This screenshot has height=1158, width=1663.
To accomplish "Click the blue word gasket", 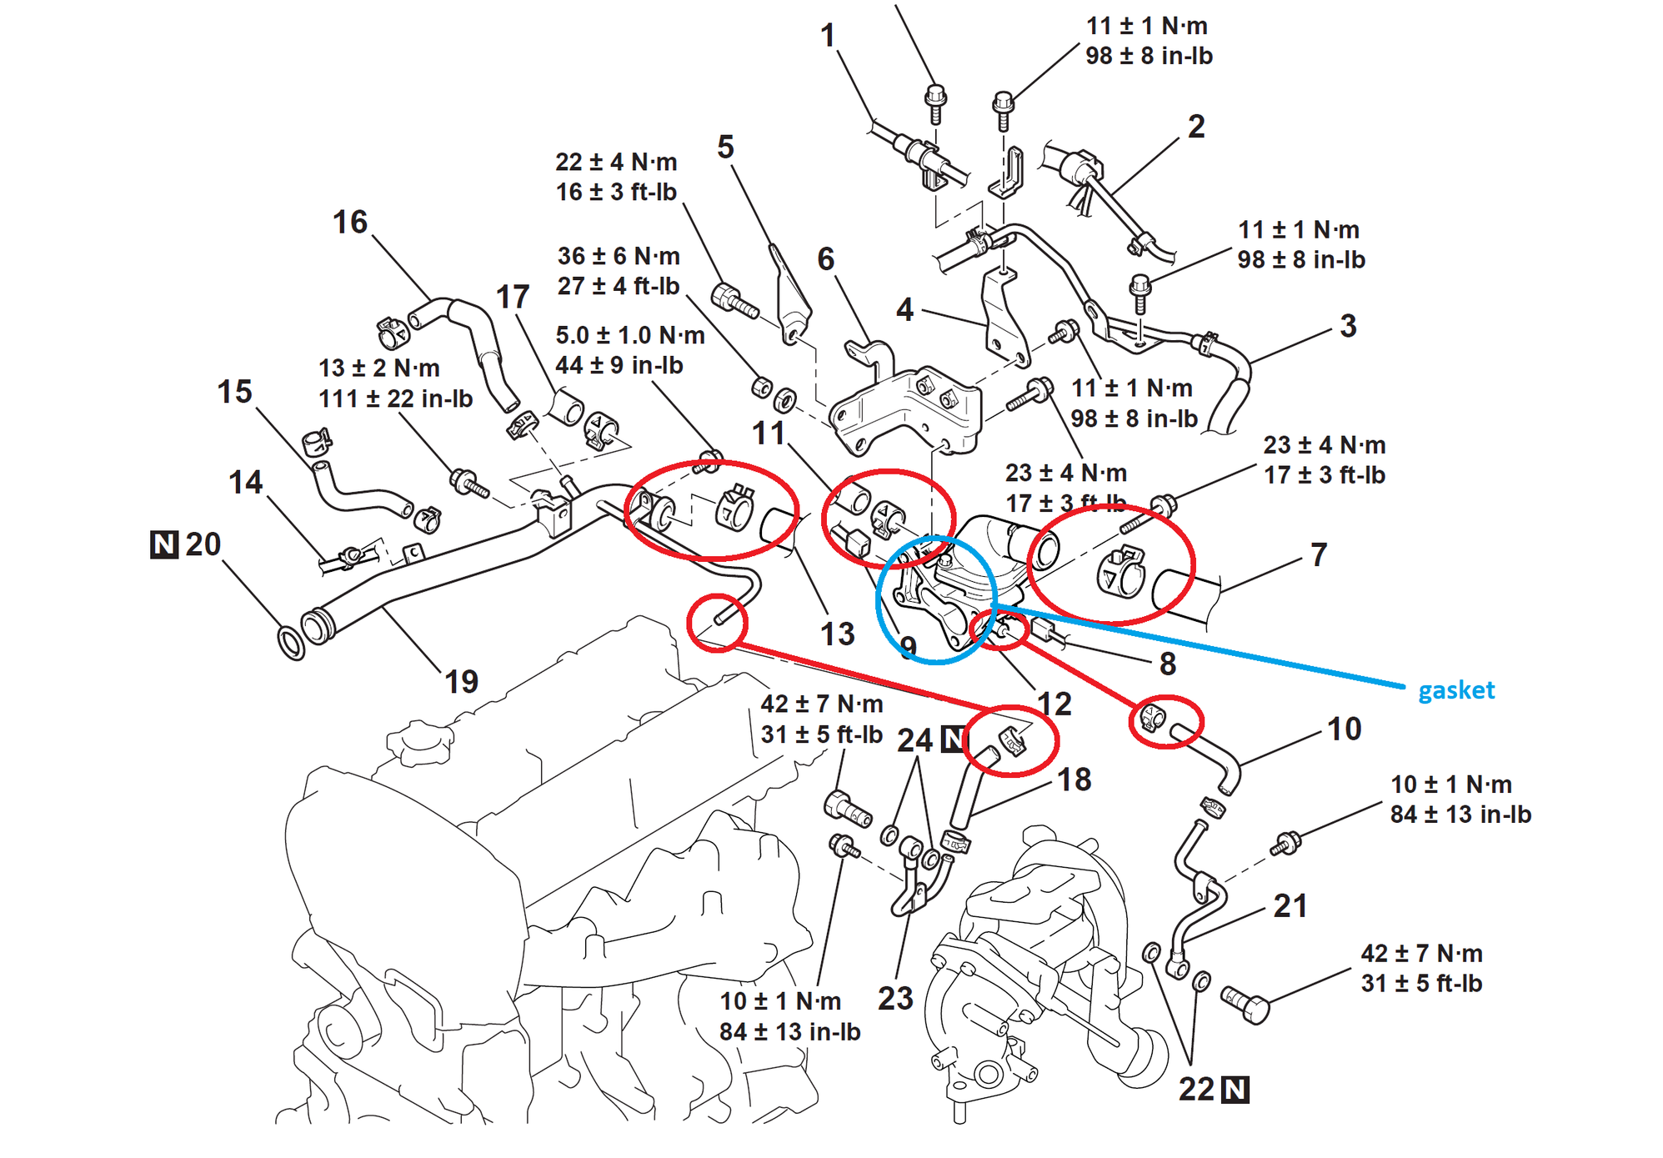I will click(x=1455, y=690).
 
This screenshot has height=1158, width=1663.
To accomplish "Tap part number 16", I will click(x=350, y=223).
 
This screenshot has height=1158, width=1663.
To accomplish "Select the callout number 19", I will click(x=461, y=682).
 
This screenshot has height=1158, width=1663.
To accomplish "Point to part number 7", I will click(x=1318, y=554).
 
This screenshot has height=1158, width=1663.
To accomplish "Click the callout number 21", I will click(x=1290, y=906).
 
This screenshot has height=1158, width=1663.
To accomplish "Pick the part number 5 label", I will click(x=725, y=148).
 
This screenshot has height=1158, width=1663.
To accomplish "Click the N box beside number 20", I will click(x=164, y=544).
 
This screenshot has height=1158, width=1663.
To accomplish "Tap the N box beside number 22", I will click(x=1235, y=1090).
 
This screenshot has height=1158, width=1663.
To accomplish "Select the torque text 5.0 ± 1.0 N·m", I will click(x=630, y=335).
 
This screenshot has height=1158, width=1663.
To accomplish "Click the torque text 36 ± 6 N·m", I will click(x=619, y=256).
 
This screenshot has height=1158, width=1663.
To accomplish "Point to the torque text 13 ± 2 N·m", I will click(x=378, y=368).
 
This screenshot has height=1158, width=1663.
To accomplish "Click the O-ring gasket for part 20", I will click(x=291, y=643).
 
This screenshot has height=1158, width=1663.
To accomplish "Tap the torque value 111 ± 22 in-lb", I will click(x=395, y=399).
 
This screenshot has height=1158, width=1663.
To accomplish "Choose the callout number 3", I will click(x=1348, y=326).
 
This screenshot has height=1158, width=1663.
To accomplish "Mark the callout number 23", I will click(x=895, y=998).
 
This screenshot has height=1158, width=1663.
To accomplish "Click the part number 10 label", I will click(x=1344, y=729).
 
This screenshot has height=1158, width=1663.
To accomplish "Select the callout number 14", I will click(x=245, y=483).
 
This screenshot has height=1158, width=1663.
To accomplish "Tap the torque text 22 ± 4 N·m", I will click(x=616, y=162).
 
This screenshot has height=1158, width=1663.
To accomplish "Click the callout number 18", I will click(x=1074, y=780).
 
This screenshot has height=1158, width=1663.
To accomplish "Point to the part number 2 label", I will click(x=1196, y=127).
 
